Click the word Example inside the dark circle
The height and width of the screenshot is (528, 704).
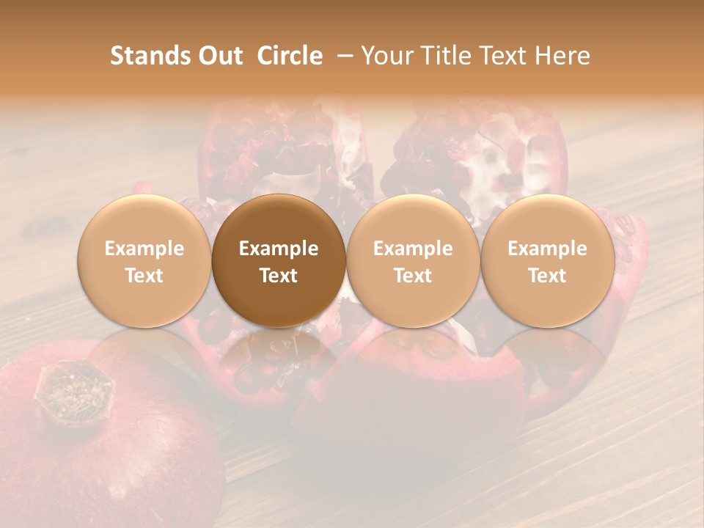tap(279, 249)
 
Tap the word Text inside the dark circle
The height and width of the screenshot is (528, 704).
tap(279, 276)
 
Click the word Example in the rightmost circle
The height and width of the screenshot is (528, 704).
tap(547, 249)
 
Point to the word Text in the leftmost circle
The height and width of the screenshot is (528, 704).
tap(144, 276)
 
